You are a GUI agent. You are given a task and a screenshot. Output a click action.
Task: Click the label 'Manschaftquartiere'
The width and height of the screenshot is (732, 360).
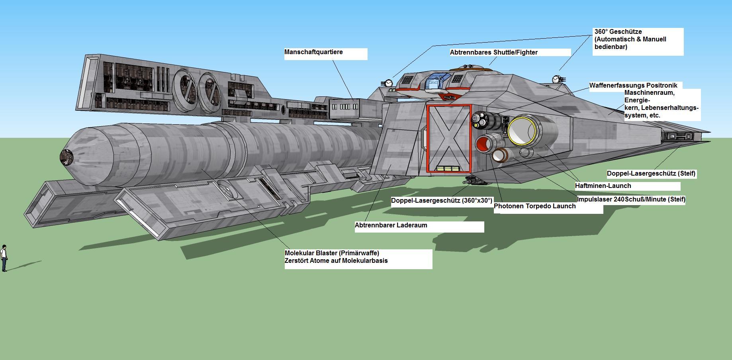point(313,52)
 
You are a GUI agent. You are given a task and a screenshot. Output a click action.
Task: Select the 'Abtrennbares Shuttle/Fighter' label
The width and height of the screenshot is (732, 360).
point(493,53)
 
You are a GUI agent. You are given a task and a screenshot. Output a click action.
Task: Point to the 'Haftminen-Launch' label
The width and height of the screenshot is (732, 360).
point(603,186)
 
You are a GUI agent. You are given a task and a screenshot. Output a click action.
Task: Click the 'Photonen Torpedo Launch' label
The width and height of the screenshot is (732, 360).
point(534,206)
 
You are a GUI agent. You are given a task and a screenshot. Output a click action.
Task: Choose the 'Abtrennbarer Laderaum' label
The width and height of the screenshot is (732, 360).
point(391,225)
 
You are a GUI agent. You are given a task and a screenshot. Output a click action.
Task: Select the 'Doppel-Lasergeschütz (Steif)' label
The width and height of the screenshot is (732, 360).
point(651,174)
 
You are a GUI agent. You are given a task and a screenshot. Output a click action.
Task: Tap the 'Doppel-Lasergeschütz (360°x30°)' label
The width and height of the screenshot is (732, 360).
point(442,201)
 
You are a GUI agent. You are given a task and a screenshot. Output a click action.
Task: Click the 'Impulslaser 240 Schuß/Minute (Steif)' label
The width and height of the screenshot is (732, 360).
point(631,200)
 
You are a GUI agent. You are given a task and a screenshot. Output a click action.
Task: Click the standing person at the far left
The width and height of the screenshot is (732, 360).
point(4,258)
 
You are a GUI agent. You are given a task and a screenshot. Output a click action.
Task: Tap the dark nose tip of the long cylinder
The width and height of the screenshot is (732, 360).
point(66,157)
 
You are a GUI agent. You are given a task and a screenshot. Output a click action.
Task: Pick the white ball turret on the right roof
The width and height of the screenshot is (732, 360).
point(556,79)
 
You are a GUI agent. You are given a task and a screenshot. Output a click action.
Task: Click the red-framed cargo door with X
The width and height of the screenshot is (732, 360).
point(449,138)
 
